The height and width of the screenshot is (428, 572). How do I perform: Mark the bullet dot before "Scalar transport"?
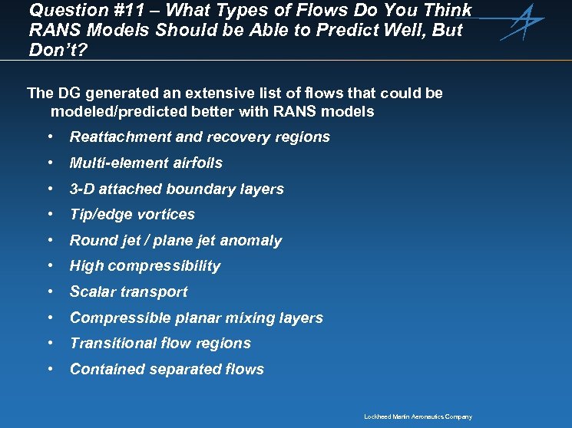[50, 292]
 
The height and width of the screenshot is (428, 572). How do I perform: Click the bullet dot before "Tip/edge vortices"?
[50, 215]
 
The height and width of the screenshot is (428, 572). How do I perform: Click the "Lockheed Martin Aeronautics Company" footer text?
[418, 417]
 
